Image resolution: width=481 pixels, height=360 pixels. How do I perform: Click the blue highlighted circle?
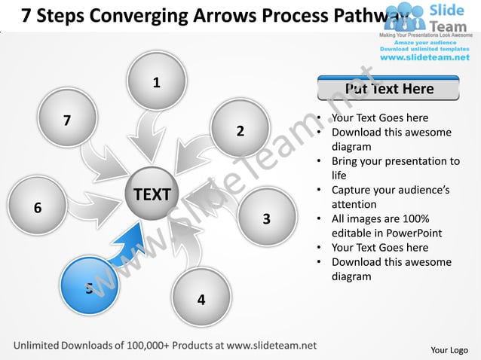[x=88, y=286]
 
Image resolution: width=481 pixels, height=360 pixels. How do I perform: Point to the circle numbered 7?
[x=68, y=119]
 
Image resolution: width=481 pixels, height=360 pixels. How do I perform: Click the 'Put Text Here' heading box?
[x=388, y=88]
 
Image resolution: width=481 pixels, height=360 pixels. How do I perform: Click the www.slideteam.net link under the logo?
[x=428, y=56]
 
